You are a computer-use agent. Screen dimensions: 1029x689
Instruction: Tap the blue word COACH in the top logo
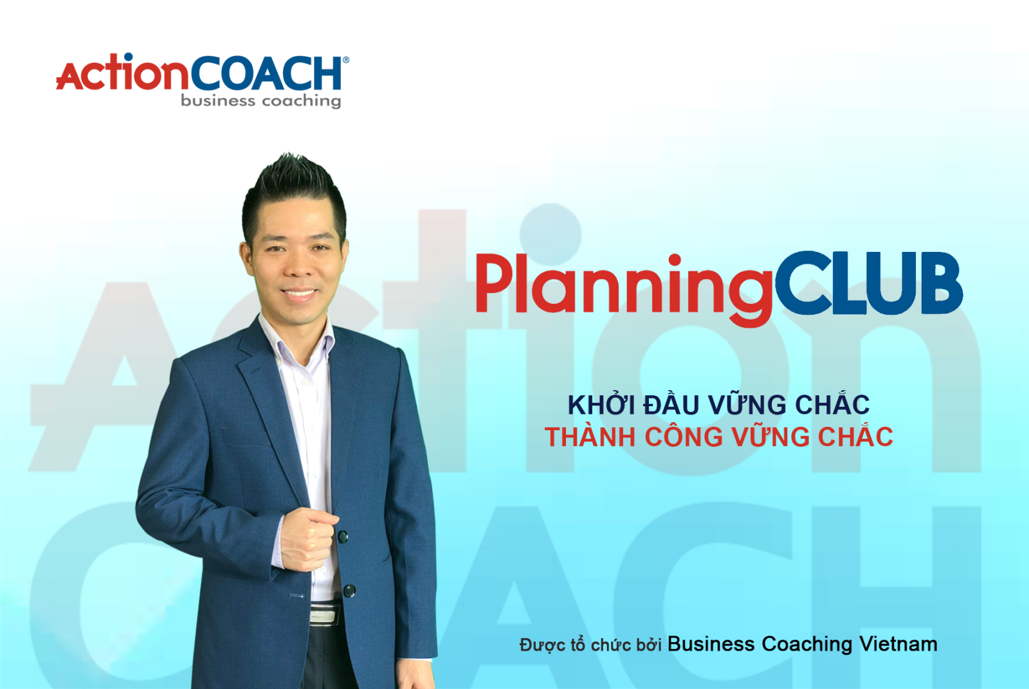pos(266,73)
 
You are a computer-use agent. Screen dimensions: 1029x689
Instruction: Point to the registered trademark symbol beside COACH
pos(346,60)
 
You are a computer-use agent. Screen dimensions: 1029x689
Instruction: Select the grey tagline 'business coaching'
pos(261,101)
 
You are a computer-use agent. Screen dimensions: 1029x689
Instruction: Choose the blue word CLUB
pos(869,283)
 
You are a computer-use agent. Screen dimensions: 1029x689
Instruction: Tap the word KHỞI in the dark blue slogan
pos(601,404)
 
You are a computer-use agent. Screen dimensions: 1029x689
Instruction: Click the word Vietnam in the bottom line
pos(898,644)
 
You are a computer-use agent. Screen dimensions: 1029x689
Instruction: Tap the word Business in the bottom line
pos(711,644)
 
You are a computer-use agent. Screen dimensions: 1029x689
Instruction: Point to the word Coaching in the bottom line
pos(806,645)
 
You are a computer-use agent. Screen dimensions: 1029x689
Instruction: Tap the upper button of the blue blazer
pos(343,536)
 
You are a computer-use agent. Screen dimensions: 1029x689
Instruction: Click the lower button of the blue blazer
pos(350,591)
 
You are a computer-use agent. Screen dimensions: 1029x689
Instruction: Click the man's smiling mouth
pos(298,293)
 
